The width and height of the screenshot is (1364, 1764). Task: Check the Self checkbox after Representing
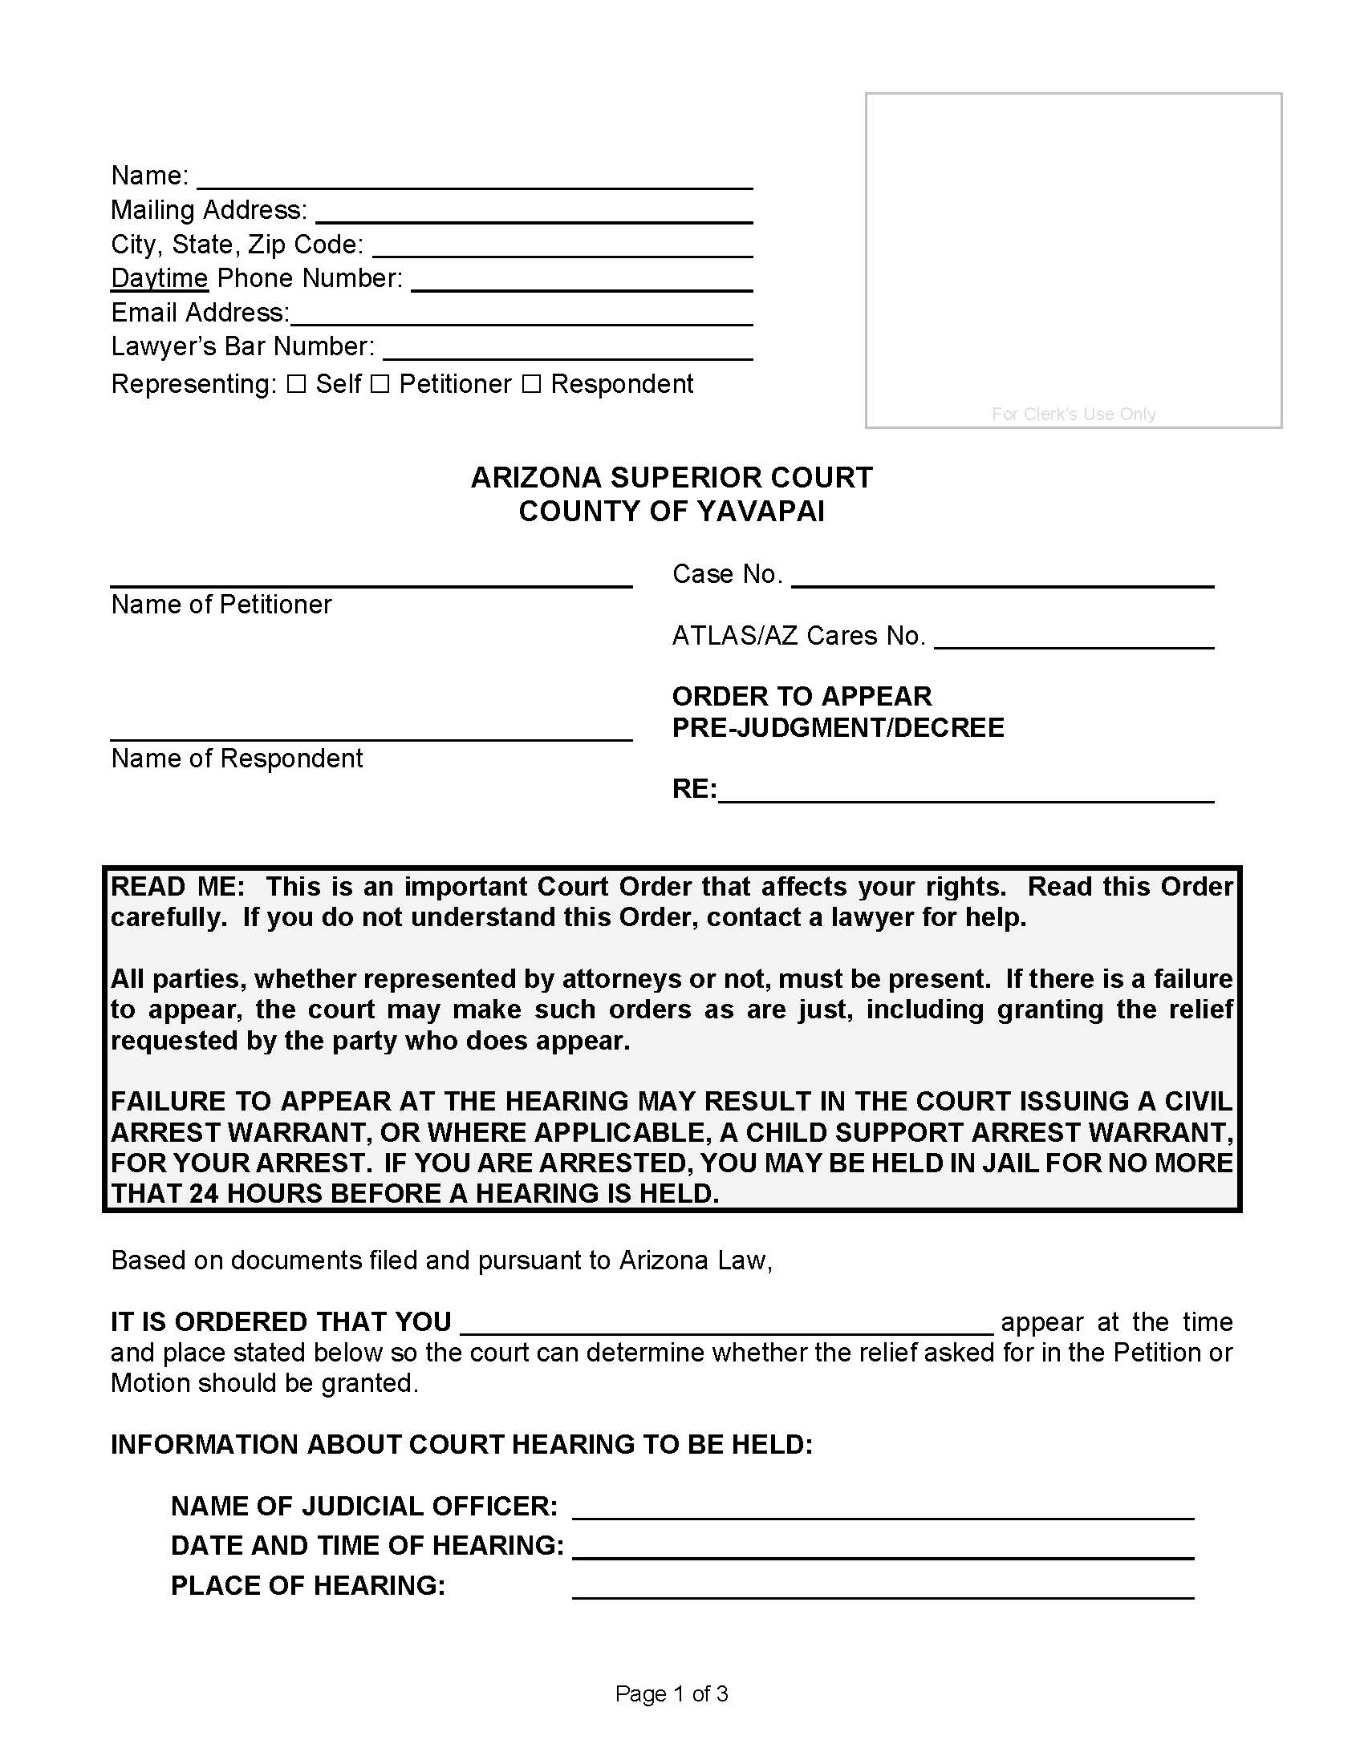(297, 384)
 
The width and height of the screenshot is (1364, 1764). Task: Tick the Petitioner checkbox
(380, 384)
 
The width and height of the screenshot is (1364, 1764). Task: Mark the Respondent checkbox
(531, 384)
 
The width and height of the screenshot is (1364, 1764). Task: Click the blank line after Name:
(475, 178)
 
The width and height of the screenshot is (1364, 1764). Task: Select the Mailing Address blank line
(534, 212)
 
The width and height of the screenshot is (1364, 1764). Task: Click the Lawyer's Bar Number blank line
(568, 348)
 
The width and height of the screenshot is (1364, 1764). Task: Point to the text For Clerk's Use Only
(1073, 415)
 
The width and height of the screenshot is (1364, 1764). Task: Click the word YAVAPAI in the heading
(761, 512)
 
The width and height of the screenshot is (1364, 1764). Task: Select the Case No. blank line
(1002, 576)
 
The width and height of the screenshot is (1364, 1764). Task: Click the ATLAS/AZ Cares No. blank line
(1074, 637)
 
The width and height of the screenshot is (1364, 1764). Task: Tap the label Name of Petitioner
(221, 604)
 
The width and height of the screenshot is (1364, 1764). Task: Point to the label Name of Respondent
(237, 759)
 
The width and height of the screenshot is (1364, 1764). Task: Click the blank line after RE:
(965, 791)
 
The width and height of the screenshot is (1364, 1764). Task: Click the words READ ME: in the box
(178, 887)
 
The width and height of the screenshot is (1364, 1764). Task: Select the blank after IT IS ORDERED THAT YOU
(725, 1323)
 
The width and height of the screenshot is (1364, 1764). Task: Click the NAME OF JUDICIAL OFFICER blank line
(883, 1507)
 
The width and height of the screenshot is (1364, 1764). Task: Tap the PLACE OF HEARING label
(308, 1585)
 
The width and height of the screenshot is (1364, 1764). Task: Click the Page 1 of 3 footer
(672, 1693)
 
